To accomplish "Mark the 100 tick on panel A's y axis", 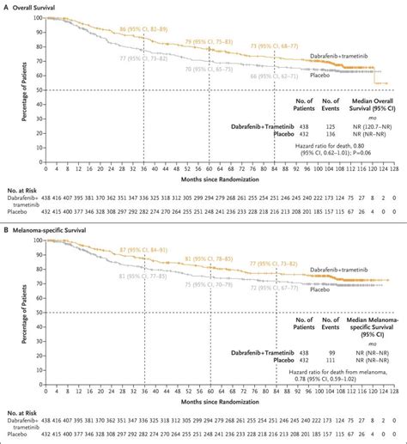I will tap(35, 18).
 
